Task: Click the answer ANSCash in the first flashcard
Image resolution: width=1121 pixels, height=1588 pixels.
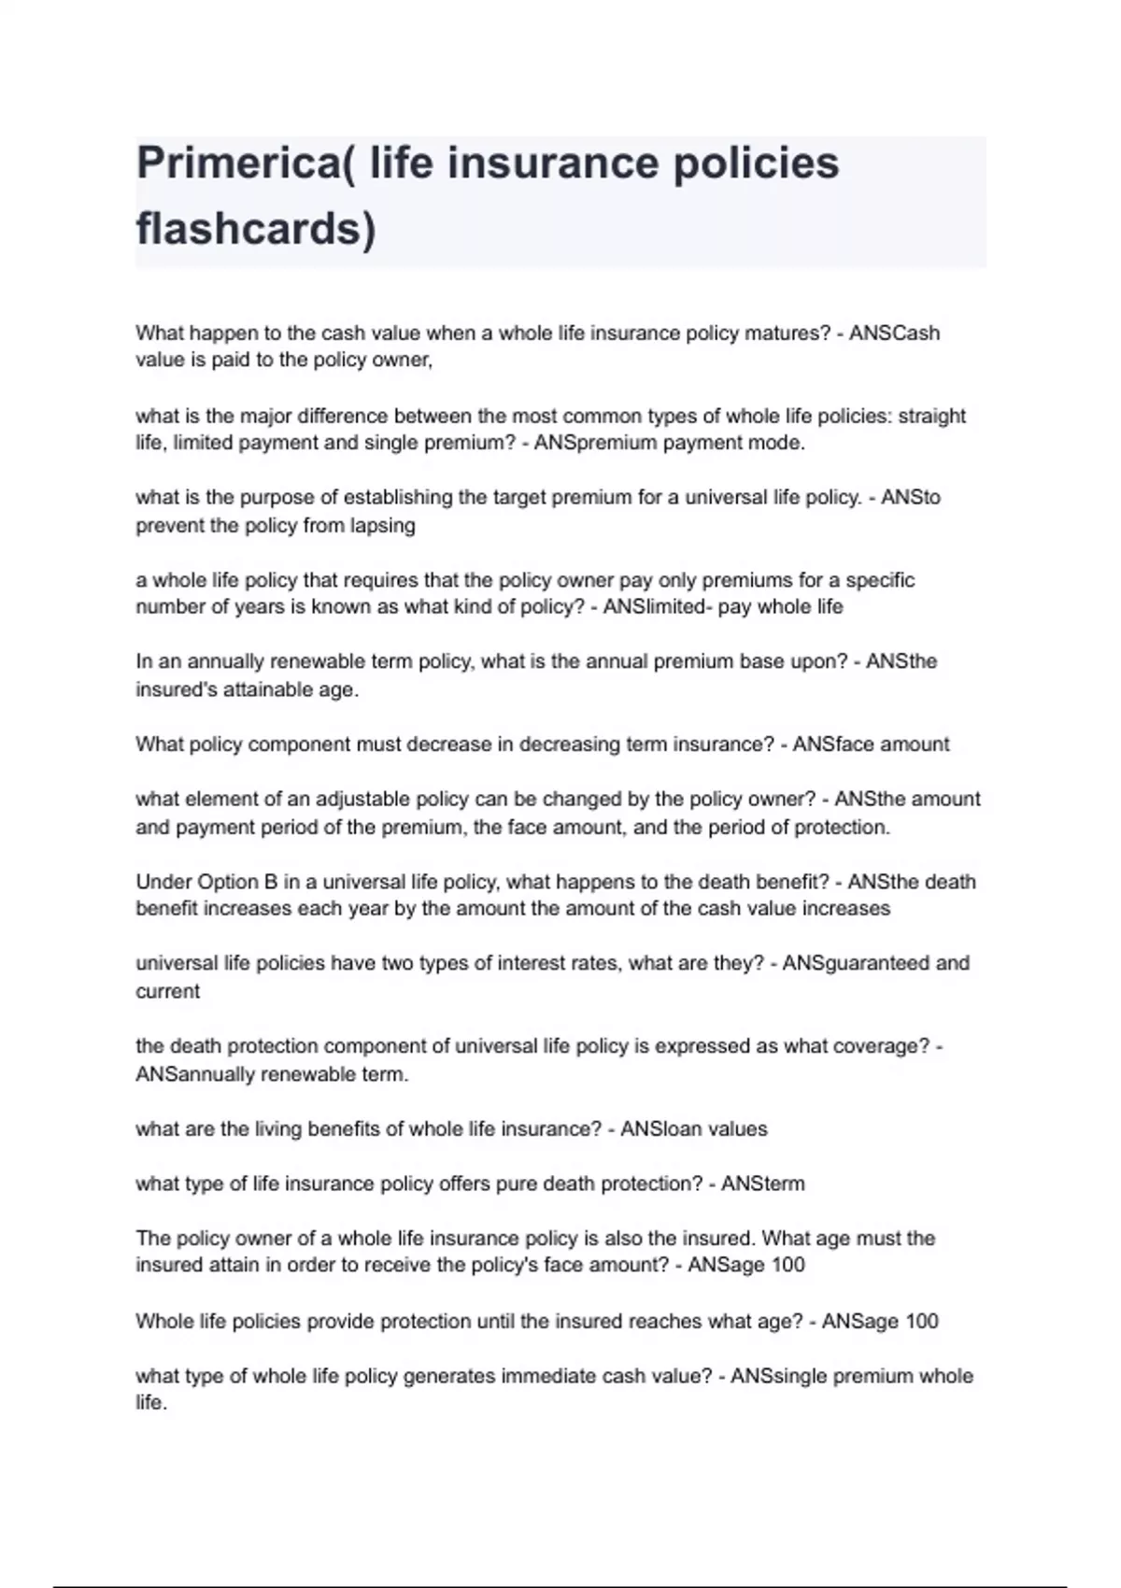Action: coord(894,333)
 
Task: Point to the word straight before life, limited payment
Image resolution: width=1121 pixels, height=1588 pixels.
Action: coord(931,417)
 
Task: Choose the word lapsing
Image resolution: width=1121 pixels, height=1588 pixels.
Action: coord(383,526)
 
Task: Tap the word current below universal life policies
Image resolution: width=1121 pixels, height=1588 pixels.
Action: coord(168,991)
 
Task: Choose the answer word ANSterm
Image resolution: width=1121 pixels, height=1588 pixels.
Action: coord(762,1184)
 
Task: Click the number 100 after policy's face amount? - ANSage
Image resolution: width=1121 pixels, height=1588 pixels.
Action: coord(788,1266)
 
